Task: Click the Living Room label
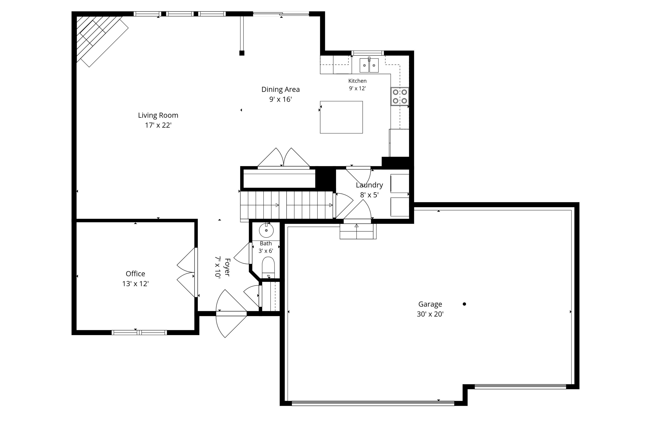158,115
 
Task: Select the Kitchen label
357,81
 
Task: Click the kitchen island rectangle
341,117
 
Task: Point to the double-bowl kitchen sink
369,65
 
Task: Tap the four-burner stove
400,97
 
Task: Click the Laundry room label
369,185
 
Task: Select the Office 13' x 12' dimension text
135,284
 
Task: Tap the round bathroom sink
266,230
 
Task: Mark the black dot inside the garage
464,304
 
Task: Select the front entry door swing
231,313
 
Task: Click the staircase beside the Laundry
286,205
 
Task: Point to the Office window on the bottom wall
139,333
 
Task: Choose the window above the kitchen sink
368,53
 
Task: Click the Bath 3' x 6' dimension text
266,251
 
